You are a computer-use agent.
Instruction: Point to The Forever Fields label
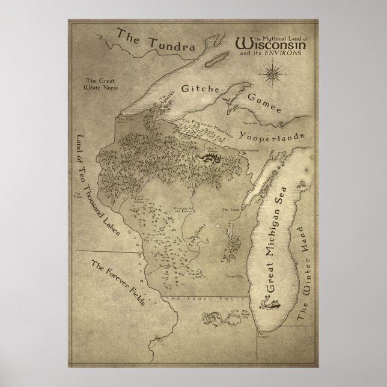117,283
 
